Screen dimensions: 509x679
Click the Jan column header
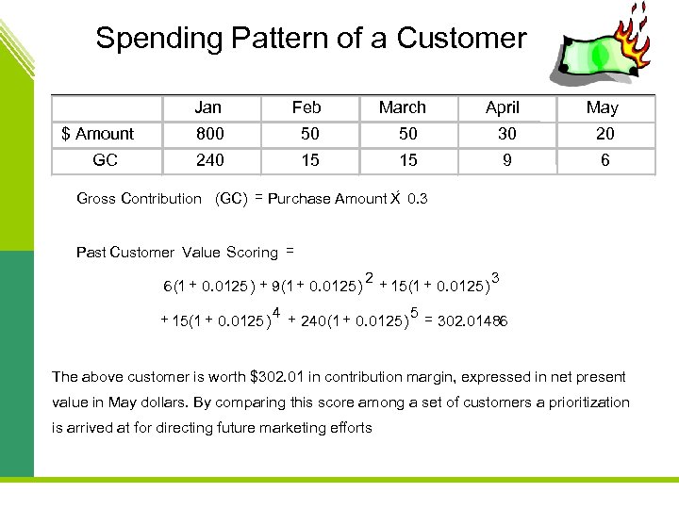[x=209, y=107]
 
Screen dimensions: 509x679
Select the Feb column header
[x=306, y=107]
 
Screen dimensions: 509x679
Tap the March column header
[x=403, y=107]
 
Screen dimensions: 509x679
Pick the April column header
[x=503, y=107]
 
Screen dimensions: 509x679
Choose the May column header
[x=602, y=107]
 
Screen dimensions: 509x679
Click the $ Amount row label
[x=98, y=134]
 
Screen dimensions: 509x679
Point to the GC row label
[x=106, y=160]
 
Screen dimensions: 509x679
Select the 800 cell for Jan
[x=209, y=134]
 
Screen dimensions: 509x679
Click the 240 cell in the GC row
[x=209, y=160]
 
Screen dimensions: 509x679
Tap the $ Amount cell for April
[x=507, y=134]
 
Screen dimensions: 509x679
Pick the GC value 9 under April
[x=507, y=160]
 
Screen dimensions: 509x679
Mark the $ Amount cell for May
[x=604, y=134]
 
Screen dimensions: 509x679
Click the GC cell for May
[x=604, y=160]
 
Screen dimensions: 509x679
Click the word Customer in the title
[x=461, y=39]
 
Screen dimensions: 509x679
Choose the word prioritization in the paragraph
[x=576, y=402]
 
